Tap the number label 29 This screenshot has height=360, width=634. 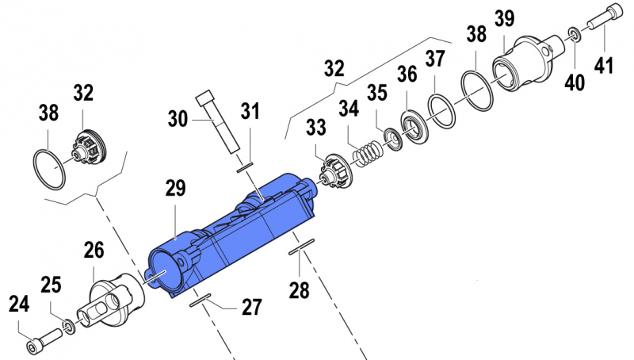click(x=175, y=189)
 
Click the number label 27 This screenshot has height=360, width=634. click(x=250, y=308)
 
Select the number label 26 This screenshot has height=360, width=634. click(x=94, y=252)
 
